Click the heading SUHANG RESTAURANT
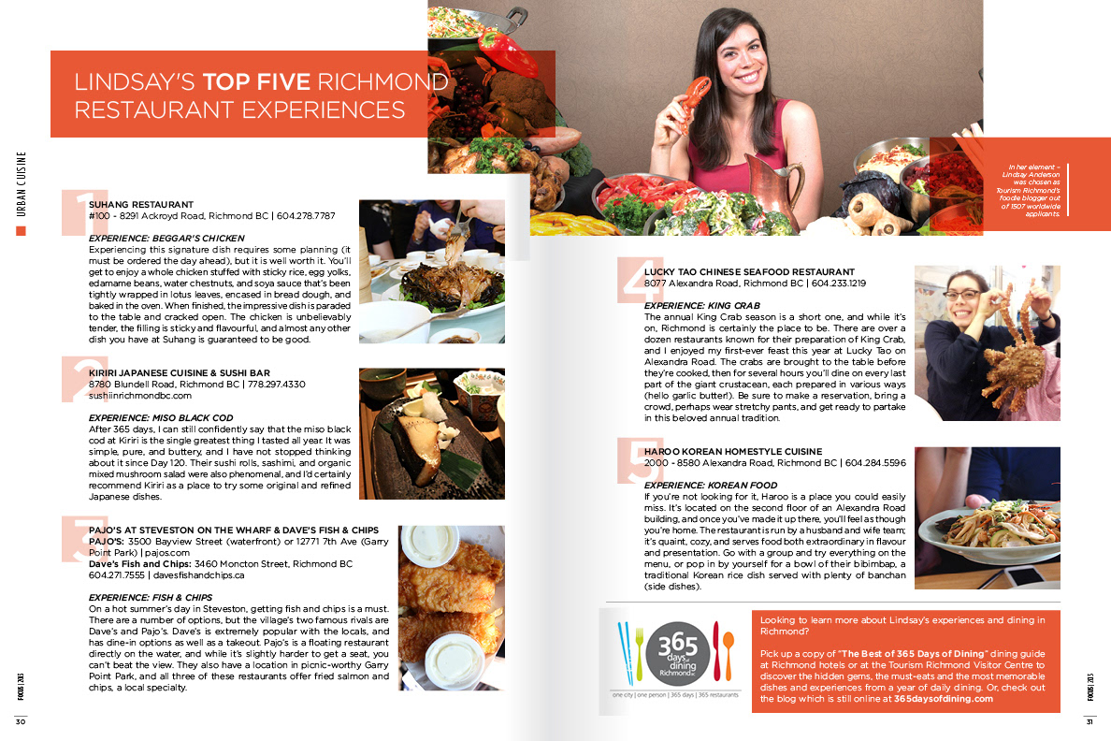(141, 204)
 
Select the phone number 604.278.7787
(306, 215)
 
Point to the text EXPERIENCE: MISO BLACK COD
(161, 417)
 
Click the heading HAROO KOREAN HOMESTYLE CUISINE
(733, 451)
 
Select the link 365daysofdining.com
(944, 699)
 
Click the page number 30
(21, 722)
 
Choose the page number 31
(1089, 722)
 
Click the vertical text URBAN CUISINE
(22, 183)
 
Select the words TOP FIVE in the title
(256, 82)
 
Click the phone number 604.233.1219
(839, 283)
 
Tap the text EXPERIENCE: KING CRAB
(702, 306)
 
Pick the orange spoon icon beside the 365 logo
(729, 651)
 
